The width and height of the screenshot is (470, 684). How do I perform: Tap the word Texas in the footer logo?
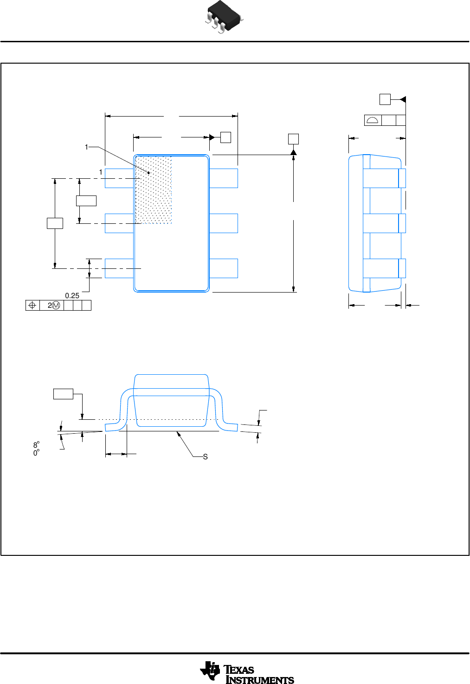(x=239, y=670)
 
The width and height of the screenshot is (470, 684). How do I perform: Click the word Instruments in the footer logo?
(x=260, y=680)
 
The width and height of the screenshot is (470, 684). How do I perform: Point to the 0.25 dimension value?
(x=72, y=296)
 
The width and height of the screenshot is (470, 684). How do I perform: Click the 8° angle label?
(x=36, y=445)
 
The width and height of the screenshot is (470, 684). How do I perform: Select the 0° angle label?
(x=36, y=453)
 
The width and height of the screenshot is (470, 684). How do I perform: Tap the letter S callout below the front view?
(x=206, y=457)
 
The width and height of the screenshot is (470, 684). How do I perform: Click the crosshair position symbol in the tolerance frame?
(x=32, y=306)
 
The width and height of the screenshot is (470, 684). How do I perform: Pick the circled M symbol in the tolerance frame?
(x=56, y=306)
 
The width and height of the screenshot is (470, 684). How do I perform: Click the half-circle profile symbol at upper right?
(x=373, y=121)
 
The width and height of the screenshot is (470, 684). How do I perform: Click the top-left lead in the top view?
(x=119, y=178)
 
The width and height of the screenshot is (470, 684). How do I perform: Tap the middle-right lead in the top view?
(x=224, y=223)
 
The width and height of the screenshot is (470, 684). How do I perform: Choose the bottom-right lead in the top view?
(x=224, y=268)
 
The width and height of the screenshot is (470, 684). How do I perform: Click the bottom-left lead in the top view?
(x=119, y=268)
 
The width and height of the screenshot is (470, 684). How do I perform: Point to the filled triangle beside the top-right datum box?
(x=403, y=99)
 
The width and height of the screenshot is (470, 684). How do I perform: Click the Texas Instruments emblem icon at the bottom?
(x=210, y=671)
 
